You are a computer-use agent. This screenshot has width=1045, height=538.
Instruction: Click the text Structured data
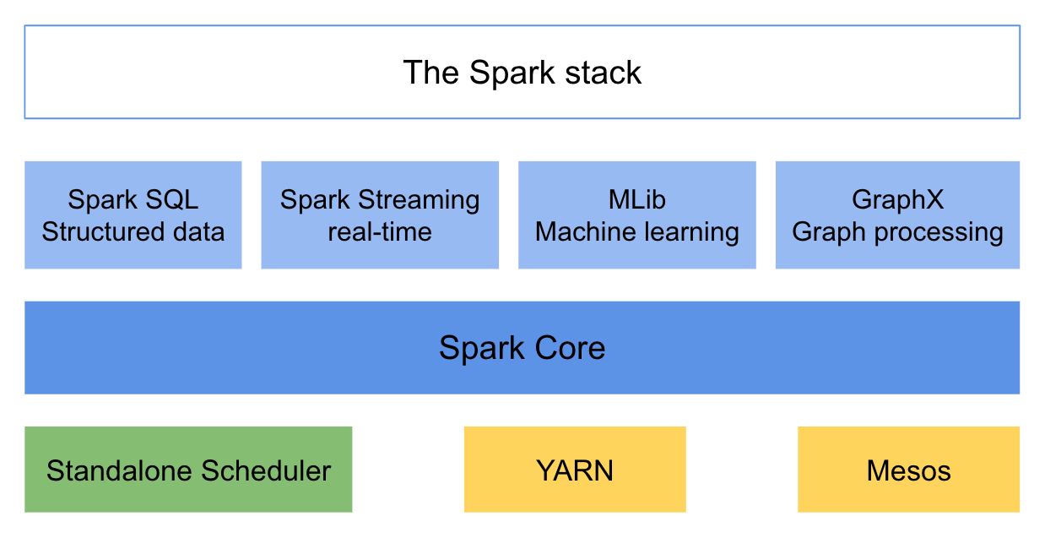pyautogui.click(x=133, y=231)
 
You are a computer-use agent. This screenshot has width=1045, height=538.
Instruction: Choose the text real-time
pyautogui.click(x=380, y=231)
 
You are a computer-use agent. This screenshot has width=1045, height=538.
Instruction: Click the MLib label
pyautogui.click(x=637, y=200)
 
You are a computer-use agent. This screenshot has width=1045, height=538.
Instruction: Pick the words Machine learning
pyautogui.click(x=637, y=231)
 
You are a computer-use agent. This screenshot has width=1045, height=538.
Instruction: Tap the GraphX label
pyautogui.click(x=897, y=200)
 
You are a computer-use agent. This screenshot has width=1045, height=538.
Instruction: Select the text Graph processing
pyautogui.click(x=897, y=231)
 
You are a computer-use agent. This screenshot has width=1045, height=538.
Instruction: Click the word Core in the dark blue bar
pyautogui.click(x=572, y=348)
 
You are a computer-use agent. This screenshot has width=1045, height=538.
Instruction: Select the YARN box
pyautogui.click(x=575, y=470)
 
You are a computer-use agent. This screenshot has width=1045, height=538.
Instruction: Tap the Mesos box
pyautogui.click(x=908, y=470)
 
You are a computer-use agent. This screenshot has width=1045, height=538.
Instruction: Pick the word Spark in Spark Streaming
pyautogui.click(x=315, y=200)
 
